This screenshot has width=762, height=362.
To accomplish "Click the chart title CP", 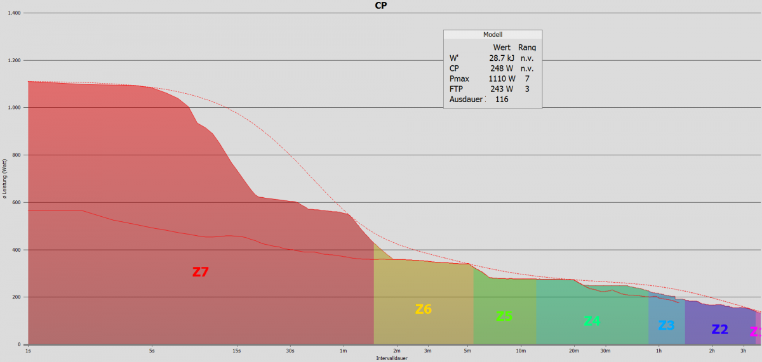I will [x=381, y=5].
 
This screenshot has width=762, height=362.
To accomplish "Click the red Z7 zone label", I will [x=201, y=273].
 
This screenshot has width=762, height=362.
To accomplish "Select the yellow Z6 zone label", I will [x=424, y=309].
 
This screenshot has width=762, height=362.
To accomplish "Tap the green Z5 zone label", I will [x=504, y=316].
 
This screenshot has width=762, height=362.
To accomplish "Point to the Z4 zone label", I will [x=591, y=321].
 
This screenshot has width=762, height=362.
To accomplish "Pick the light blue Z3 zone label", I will [x=666, y=325].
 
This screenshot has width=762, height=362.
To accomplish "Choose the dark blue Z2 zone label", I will [x=719, y=329].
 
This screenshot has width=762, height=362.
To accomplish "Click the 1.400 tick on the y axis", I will [x=13, y=13].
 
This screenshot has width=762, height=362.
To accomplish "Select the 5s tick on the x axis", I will [x=152, y=350].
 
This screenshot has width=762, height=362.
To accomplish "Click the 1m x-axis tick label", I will [x=344, y=350].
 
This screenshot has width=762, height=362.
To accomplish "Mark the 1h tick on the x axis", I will [x=659, y=350].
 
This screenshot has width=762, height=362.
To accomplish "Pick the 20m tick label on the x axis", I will [x=573, y=350].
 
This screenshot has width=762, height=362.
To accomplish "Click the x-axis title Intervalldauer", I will [x=392, y=358].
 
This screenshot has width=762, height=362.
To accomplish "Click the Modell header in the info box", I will [x=493, y=35].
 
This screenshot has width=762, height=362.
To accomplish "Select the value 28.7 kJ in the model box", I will [x=501, y=58].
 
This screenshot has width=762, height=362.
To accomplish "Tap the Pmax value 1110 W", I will [x=501, y=78].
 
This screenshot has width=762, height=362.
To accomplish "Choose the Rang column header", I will [x=526, y=47].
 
